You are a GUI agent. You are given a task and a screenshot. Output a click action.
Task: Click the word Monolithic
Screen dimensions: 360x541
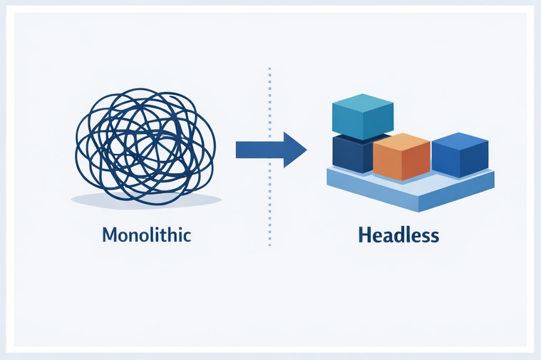click(147, 235)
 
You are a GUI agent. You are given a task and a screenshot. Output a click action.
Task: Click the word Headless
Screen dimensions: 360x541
click(399, 235)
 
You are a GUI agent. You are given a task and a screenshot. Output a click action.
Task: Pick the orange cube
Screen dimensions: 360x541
click(401, 156)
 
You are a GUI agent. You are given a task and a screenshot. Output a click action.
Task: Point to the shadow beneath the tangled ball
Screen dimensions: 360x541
click(146, 201)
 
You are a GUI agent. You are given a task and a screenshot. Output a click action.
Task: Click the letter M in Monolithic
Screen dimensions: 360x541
click(110, 235)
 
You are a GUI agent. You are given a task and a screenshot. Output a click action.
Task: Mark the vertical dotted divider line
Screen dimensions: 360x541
click(269, 214)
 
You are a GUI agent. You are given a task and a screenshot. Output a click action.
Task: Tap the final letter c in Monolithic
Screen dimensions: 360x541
click(187, 235)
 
